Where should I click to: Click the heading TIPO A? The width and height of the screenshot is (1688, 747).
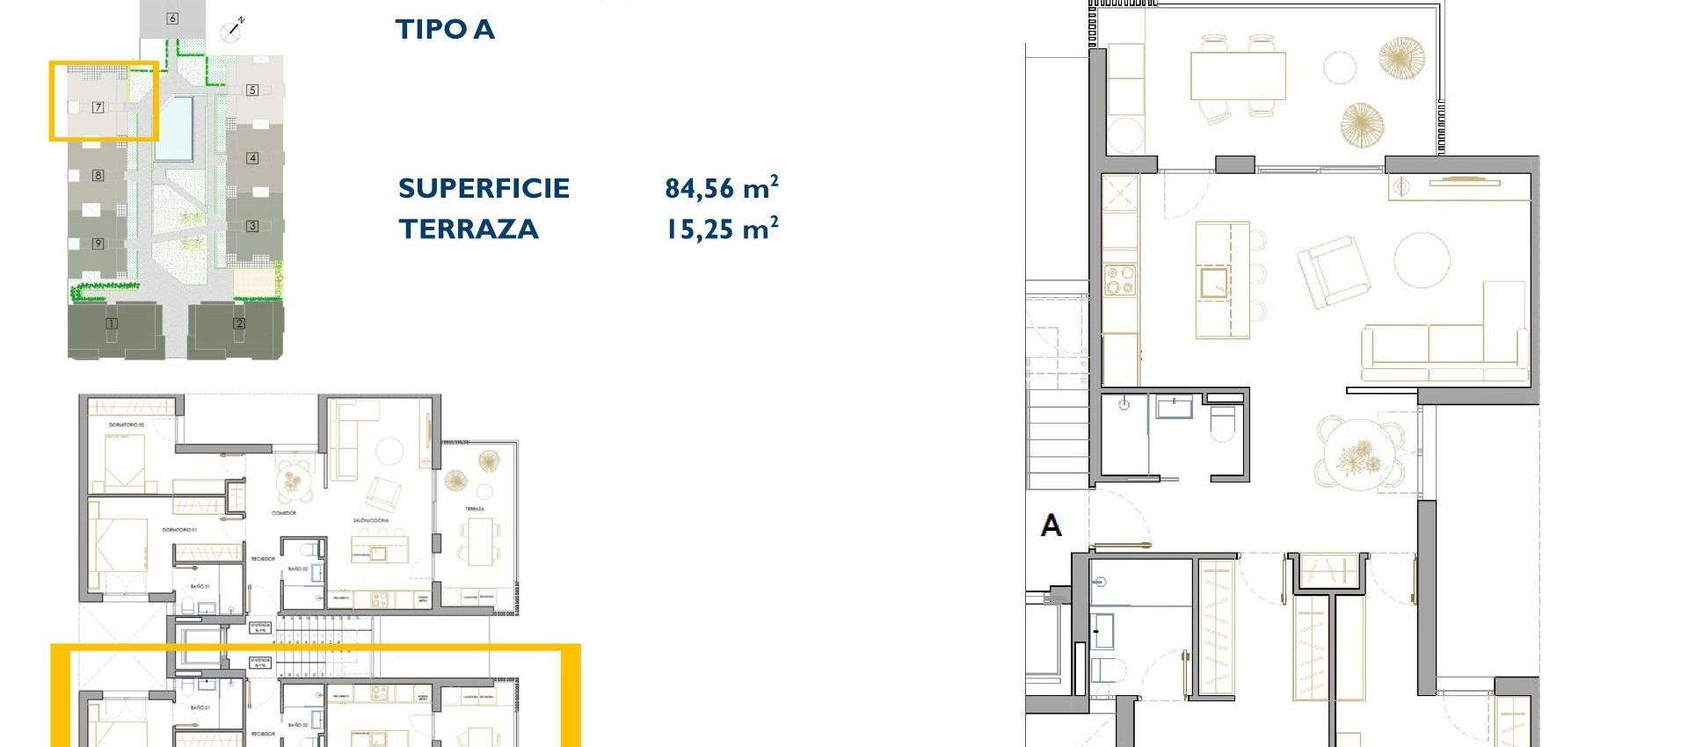click(445, 29)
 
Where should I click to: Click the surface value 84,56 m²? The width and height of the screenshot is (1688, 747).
click(721, 188)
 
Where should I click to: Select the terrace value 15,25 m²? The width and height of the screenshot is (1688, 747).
click(721, 229)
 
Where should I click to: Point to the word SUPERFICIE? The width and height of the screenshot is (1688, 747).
click(484, 188)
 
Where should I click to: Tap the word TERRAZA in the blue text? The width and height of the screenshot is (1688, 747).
click(469, 229)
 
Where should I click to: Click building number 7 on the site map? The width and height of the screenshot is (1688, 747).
click(98, 107)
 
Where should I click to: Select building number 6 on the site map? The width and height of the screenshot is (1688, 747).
click(172, 18)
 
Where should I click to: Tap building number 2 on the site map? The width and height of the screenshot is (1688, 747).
click(239, 323)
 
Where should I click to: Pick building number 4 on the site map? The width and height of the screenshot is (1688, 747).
click(252, 158)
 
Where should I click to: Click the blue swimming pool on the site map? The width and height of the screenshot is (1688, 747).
click(174, 128)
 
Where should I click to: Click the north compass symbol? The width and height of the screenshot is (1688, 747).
click(233, 30)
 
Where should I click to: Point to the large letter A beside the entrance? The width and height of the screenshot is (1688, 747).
click(1051, 526)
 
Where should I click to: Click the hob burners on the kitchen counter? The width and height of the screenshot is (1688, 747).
click(1120, 280)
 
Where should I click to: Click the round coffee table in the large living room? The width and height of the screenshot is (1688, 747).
click(1421, 261)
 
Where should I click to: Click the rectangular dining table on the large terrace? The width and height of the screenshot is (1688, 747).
click(1238, 76)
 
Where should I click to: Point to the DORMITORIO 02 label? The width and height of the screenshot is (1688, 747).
click(127, 424)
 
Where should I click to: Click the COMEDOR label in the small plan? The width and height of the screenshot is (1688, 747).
click(284, 512)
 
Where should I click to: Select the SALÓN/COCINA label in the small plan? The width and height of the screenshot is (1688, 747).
click(371, 520)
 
